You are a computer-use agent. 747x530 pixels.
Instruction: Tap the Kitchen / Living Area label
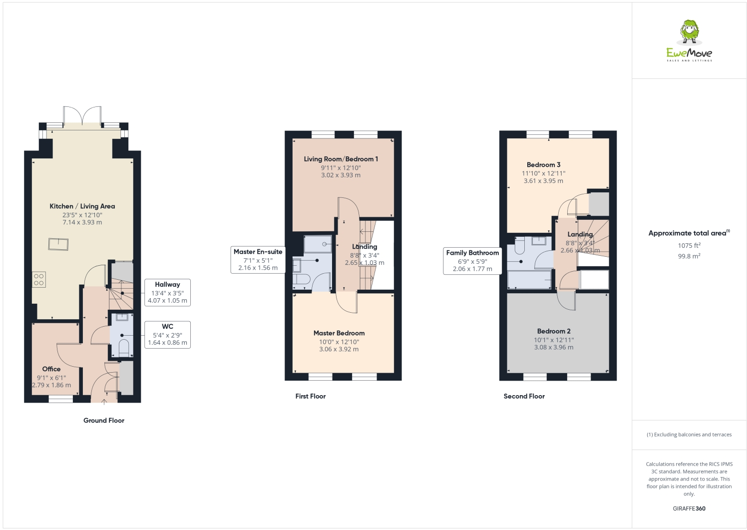82,206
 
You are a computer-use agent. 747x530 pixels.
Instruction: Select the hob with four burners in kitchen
39,280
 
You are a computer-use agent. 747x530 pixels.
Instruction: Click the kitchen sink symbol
58,244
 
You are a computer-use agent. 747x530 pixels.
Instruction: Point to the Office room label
51,369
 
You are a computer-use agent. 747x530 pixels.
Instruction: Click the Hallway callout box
167,292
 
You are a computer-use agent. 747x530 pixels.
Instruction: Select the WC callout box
167,335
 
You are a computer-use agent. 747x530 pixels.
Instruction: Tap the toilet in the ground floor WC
123,346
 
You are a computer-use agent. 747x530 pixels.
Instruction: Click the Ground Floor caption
104,421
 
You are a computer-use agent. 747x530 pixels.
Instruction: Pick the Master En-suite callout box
258,260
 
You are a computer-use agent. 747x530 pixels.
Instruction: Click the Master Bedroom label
339,333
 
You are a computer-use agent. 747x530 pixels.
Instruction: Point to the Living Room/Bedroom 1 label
341,159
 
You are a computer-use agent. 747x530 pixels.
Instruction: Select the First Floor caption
311,396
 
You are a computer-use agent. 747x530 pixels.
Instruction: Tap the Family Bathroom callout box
472,261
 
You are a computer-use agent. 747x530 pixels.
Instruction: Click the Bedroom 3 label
543,165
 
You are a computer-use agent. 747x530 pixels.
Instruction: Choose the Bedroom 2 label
554,331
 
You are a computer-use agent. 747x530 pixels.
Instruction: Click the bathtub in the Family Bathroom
529,280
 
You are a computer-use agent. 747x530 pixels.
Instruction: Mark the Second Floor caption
524,396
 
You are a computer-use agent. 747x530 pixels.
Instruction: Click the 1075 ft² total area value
689,245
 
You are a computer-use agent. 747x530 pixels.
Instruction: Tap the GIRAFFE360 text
689,509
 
